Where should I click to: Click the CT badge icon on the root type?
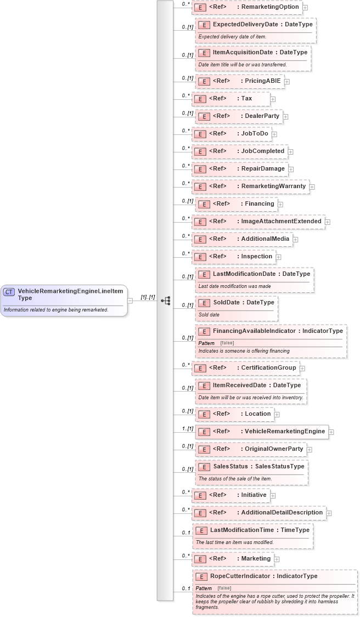[9, 292]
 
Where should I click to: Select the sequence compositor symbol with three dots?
[165, 301]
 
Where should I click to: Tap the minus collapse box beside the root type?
[130, 301]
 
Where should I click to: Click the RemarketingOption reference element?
[247, 7]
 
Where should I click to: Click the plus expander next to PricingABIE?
[287, 82]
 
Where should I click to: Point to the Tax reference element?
[231, 99]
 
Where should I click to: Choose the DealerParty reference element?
[239, 116]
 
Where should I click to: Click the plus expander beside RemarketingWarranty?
[312, 187]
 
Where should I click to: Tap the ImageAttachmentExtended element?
[258, 222]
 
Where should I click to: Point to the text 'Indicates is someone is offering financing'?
[244, 351]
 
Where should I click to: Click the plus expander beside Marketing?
[277, 559]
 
